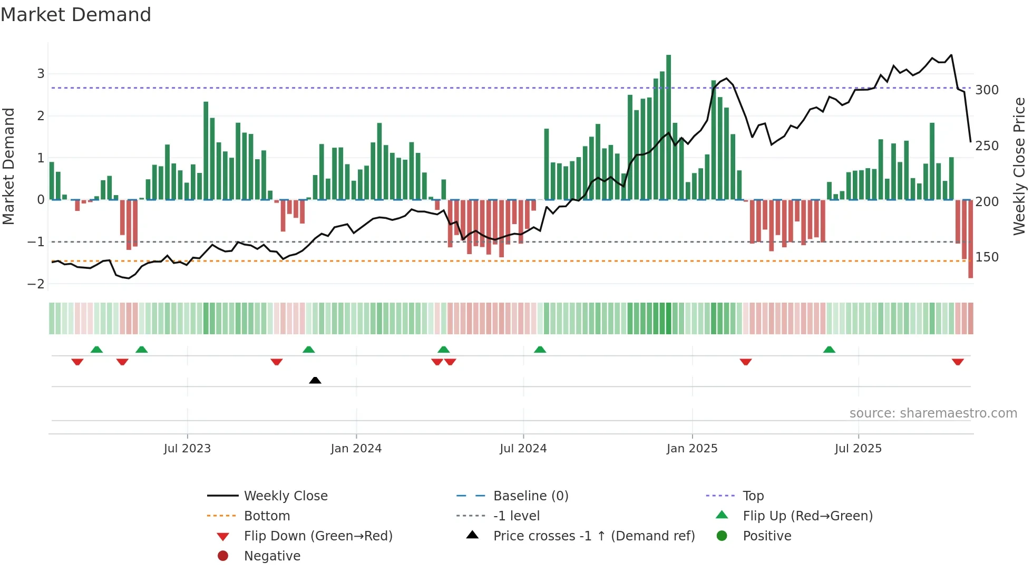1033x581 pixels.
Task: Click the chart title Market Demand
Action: (x=76, y=15)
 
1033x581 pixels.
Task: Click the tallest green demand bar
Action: (x=668, y=127)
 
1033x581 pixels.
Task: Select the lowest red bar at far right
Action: (x=970, y=240)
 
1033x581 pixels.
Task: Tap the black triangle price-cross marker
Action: (x=315, y=380)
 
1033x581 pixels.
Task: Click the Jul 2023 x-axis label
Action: (x=187, y=449)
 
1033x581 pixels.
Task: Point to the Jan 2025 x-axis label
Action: (x=691, y=449)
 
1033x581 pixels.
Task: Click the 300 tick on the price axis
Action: (x=987, y=90)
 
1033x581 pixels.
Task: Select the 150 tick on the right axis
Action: (x=987, y=257)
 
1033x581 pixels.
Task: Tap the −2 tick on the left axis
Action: (x=36, y=284)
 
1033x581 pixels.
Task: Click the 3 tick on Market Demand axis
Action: (x=41, y=74)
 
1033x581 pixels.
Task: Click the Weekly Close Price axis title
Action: (x=1019, y=166)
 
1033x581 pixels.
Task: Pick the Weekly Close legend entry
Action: (x=285, y=496)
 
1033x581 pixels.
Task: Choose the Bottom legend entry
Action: (x=267, y=516)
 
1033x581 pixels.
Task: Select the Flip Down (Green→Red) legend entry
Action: (x=318, y=536)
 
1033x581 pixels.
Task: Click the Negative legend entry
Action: (x=272, y=556)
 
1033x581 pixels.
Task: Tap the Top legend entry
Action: (x=753, y=496)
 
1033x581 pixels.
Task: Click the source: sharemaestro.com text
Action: (x=933, y=413)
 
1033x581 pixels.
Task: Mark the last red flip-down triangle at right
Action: (x=958, y=362)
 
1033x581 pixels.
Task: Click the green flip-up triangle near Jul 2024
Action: (x=540, y=350)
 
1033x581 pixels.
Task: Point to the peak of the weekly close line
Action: (x=951, y=55)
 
